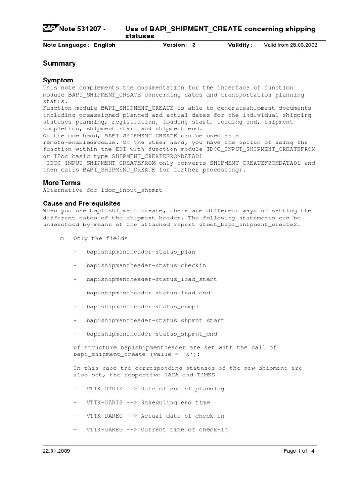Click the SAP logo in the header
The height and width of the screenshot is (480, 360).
click(x=48, y=29)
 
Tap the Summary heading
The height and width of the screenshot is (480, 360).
click(x=59, y=63)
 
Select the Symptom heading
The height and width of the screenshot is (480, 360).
click(x=58, y=80)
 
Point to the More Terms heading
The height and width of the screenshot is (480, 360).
click(x=61, y=183)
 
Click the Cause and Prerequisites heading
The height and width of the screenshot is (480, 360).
click(x=82, y=203)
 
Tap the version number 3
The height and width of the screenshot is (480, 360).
click(x=194, y=45)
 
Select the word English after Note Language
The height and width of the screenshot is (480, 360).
click(x=105, y=45)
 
